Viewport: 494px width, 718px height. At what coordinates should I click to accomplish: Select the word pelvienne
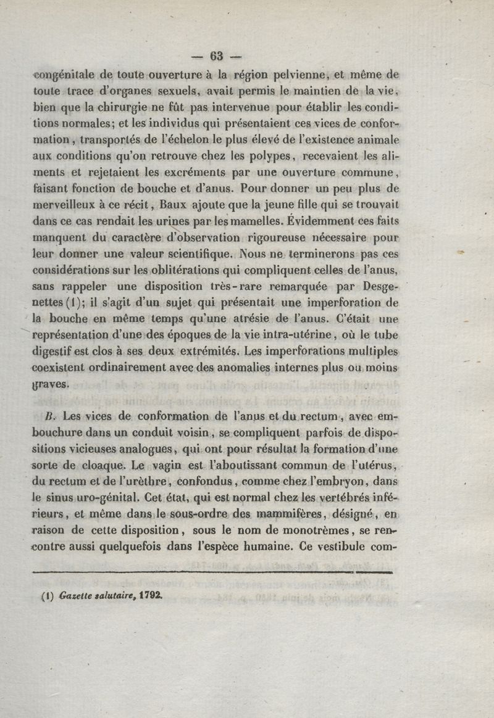tap(296, 76)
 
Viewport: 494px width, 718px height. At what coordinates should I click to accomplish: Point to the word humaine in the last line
tap(259, 544)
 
